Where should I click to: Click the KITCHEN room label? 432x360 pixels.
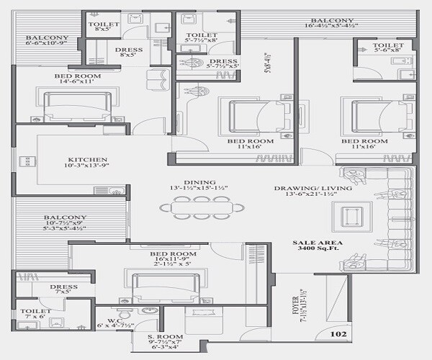[88, 160]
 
